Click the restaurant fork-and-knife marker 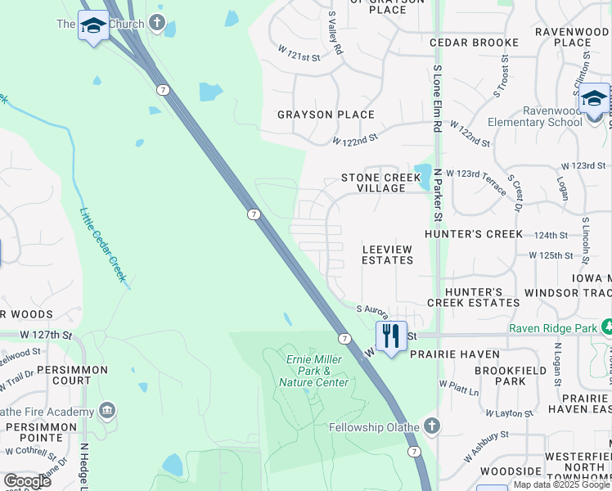(x=391, y=336)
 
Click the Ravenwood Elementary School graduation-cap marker (x=594, y=100)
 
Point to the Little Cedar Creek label (x=102, y=245)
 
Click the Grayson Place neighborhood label (x=326, y=115)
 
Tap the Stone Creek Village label (x=373, y=182)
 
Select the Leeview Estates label (x=388, y=255)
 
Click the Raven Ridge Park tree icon (x=607, y=327)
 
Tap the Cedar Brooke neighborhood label (x=474, y=42)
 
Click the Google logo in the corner (x=27, y=480)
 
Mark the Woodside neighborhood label (x=511, y=471)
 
